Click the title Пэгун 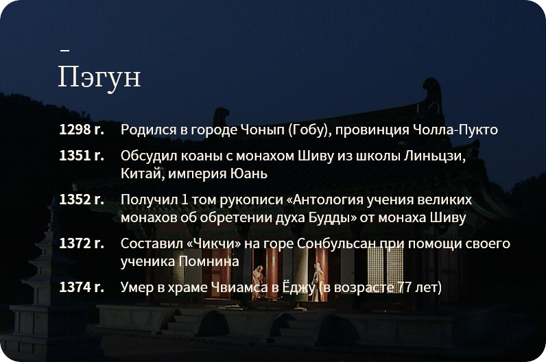tap(99, 77)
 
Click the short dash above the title tap(64, 50)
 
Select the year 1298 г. tap(82, 130)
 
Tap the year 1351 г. tap(82, 156)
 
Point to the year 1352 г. tap(82, 200)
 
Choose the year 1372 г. tap(82, 243)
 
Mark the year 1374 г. tap(82, 287)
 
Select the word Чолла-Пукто tap(455, 130)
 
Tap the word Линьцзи tap(435, 156)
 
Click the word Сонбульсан tap(336, 243)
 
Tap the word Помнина tap(209, 261)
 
